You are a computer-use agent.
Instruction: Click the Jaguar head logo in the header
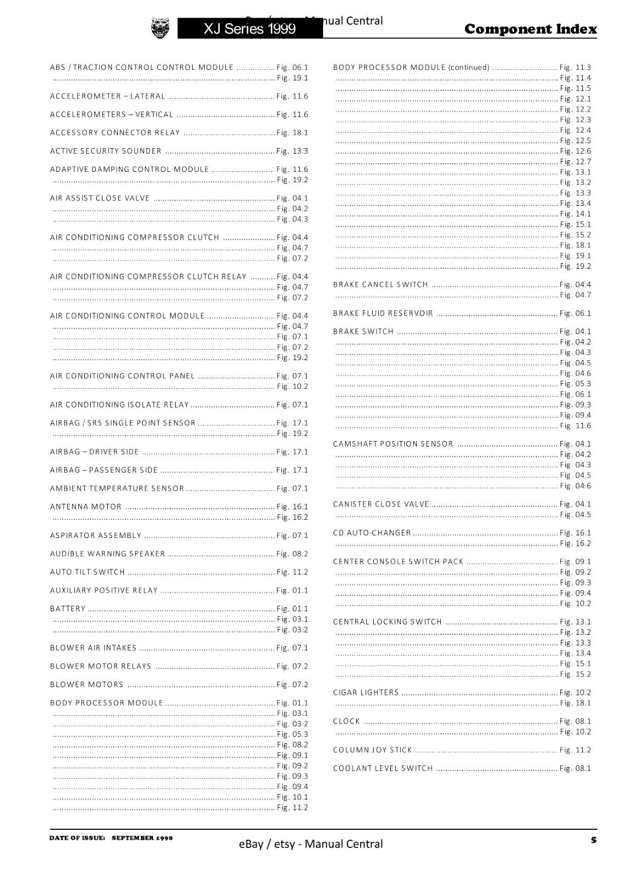[x=160, y=28]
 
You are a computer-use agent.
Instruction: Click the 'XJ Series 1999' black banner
[x=250, y=29]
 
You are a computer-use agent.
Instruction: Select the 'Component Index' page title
[x=530, y=29]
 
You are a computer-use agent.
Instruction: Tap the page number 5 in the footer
[x=593, y=840]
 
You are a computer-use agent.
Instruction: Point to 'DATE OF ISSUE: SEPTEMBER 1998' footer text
[x=111, y=838]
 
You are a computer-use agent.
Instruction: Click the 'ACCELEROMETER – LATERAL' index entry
[x=107, y=96]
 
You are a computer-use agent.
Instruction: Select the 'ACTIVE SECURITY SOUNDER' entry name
[x=106, y=151]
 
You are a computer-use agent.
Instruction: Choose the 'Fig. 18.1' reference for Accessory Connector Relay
[x=292, y=133]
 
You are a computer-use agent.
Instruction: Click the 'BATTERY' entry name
[x=68, y=608]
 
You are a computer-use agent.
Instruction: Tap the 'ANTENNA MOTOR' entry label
[x=86, y=507]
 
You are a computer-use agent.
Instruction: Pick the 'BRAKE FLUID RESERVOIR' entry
[x=383, y=313]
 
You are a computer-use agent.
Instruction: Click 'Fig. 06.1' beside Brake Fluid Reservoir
[x=575, y=313]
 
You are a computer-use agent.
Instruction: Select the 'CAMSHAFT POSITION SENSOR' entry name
[x=393, y=444]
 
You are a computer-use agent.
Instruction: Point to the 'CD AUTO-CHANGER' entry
[x=372, y=533]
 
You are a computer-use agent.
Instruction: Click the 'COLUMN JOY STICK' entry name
[x=373, y=750]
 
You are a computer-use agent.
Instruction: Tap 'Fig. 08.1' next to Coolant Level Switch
[x=575, y=768]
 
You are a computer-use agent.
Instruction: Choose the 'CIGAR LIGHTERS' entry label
[x=366, y=693]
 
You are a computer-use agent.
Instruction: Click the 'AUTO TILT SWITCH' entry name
[x=88, y=572]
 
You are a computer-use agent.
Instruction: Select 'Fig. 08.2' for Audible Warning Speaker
[x=292, y=554]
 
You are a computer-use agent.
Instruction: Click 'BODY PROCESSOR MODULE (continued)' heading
[x=411, y=68]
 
